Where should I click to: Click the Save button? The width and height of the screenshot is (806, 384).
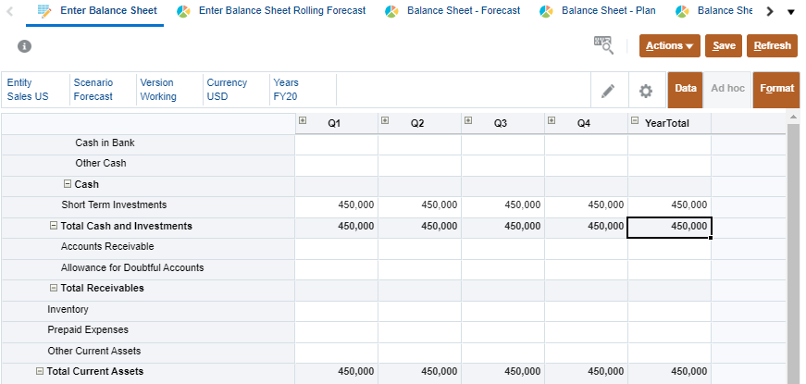pyautogui.click(x=724, y=46)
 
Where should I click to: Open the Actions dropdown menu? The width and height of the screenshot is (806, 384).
pyautogui.click(x=669, y=46)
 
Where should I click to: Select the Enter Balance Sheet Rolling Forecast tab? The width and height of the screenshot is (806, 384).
pyautogui.click(x=281, y=11)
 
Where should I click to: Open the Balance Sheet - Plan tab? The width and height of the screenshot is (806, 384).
pyautogui.click(x=608, y=11)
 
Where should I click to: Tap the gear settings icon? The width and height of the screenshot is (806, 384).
pyautogui.click(x=646, y=90)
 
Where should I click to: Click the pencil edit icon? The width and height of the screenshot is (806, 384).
pyautogui.click(x=608, y=90)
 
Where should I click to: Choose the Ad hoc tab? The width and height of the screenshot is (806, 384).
pyautogui.click(x=727, y=89)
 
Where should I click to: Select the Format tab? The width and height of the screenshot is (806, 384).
pyautogui.click(x=776, y=89)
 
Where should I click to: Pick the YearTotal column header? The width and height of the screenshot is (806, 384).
pyautogui.click(x=666, y=122)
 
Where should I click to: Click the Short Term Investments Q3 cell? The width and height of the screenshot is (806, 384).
pyautogui.click(x=502, y=205)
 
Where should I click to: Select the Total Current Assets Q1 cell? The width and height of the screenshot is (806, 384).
pyautogui.click(x=336, y=372)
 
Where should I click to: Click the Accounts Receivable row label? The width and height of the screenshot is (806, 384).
pyautogui.click(x=107, y=247)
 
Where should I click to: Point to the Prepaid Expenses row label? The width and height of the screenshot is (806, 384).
pyautogui.click(x=88, y=330)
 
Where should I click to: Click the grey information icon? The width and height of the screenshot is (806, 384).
pyautogui.click(x=24, y=46)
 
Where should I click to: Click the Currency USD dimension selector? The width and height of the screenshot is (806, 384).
pyautogui.click(x=227, y=90)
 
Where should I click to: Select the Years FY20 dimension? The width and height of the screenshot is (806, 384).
pyautogui.click(x=286, y=90)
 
